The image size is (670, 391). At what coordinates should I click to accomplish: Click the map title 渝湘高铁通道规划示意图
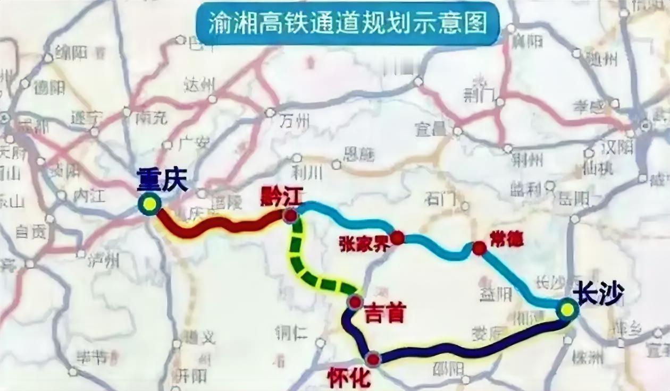(348, 24)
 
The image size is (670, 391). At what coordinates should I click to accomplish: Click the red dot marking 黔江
(290, 216)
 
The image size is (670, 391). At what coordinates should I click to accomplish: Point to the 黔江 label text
(281, 197)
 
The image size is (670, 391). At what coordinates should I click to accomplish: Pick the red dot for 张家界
(397, 237)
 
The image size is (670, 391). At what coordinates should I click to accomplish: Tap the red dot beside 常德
(479, 248)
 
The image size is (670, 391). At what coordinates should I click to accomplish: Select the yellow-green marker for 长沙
(567, 309)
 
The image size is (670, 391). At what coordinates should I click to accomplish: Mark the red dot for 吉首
(355, 302)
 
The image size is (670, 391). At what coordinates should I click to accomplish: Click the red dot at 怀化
(373, 360)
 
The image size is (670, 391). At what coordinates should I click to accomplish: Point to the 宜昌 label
(431, 129)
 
